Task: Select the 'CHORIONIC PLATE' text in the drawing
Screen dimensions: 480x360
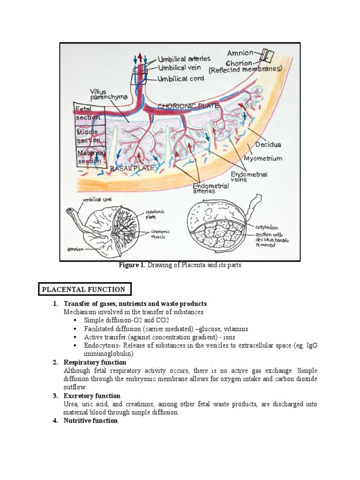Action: pos(188,106)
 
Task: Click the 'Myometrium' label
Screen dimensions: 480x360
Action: pos(263,158)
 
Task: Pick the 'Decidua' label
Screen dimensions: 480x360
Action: pos(268,139)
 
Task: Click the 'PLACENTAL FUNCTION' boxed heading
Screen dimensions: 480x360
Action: pos(84,290)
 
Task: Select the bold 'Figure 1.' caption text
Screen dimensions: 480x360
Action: pos(133,265)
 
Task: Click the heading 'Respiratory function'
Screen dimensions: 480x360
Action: pos(95,362)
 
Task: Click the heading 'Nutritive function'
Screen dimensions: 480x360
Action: pos(90,421)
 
